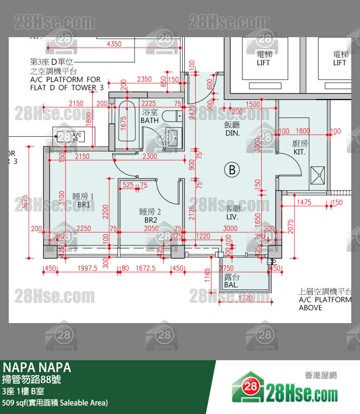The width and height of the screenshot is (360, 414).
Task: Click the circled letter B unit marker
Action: pyautogui.click(x=232, y=170)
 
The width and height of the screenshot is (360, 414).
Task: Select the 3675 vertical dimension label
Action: pyautogui.click(x=25, y=202)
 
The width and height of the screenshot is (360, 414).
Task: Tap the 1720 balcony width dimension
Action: pyautogui.click(x=246, y=298)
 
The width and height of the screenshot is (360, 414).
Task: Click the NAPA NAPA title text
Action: pyautogui.click(x=37, y=367)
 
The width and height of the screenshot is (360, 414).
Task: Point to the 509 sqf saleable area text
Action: pyautogui.click(x=55, y=403)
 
